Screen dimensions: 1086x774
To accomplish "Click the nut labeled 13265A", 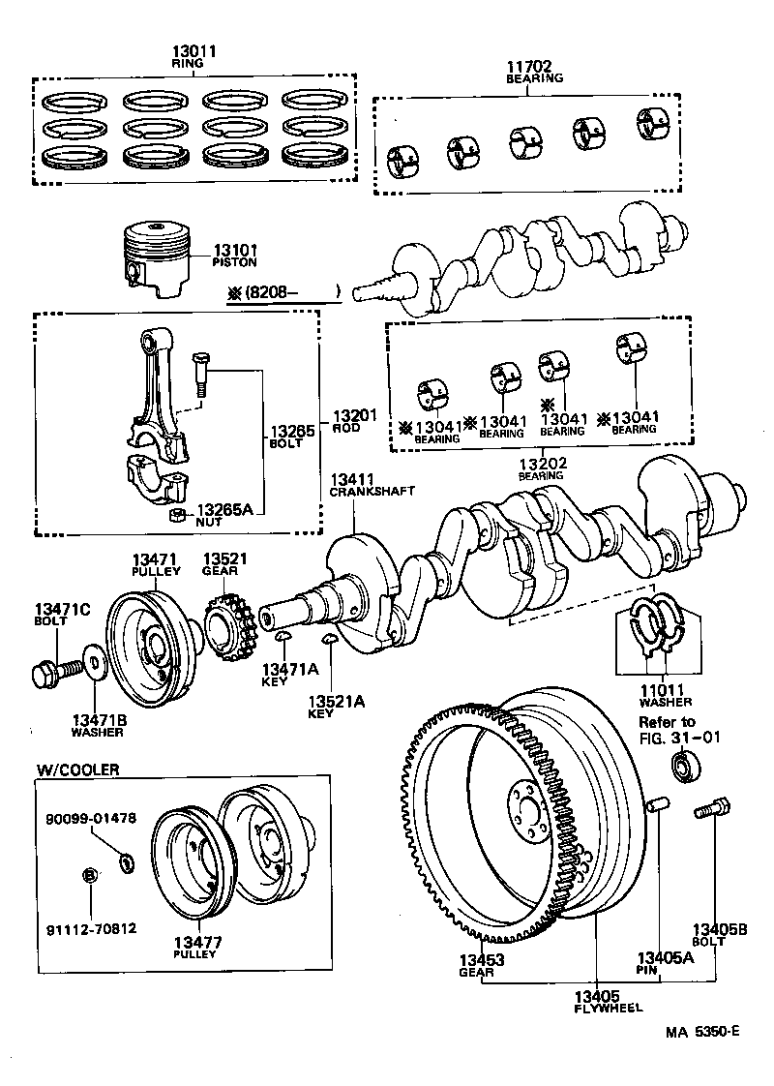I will point(178,513).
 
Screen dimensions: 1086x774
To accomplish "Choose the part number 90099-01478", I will point(91,817).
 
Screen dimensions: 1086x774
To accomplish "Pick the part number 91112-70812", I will point(91,928).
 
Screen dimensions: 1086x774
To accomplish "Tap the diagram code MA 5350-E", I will point(702,1032).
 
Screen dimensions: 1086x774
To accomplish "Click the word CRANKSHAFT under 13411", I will point(372,491).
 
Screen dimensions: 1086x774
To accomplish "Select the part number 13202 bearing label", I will point(541,464).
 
